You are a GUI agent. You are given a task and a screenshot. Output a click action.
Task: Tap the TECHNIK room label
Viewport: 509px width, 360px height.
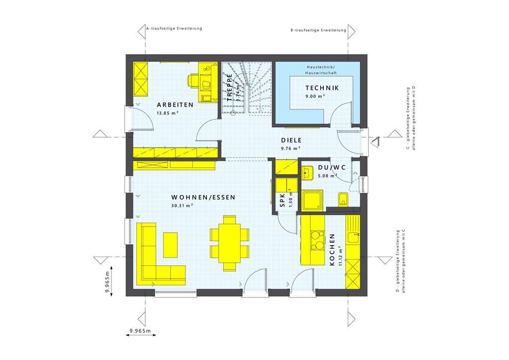point(322,88)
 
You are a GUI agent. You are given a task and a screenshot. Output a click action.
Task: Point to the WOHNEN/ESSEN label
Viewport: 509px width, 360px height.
point(203,197)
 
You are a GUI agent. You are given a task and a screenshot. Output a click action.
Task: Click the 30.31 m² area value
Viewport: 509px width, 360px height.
point(182,205)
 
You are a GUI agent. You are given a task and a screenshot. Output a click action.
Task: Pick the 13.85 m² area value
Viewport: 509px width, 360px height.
point(168,113)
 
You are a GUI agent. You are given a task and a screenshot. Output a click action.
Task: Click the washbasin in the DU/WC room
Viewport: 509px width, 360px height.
point(307,172)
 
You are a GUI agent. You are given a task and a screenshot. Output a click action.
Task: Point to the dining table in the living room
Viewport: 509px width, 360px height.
point(229,243)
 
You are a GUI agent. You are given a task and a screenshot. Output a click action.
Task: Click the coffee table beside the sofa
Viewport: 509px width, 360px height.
point(170,245)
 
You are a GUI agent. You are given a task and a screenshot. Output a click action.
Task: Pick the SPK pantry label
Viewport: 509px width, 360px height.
point(282,200)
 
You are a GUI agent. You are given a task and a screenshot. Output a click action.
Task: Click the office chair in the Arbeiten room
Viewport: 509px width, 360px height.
point(193,80)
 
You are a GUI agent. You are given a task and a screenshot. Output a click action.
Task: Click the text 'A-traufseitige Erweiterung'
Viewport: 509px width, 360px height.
point(174,29)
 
